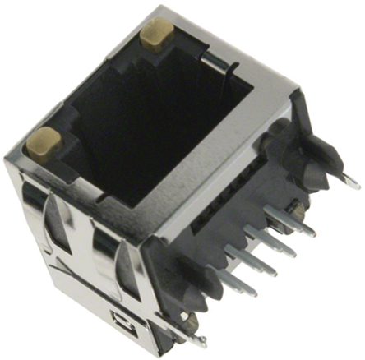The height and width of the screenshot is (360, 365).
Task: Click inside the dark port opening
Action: point(156,123)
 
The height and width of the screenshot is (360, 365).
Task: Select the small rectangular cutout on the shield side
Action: point(117,316)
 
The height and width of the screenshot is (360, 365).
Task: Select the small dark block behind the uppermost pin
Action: point(299,210)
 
